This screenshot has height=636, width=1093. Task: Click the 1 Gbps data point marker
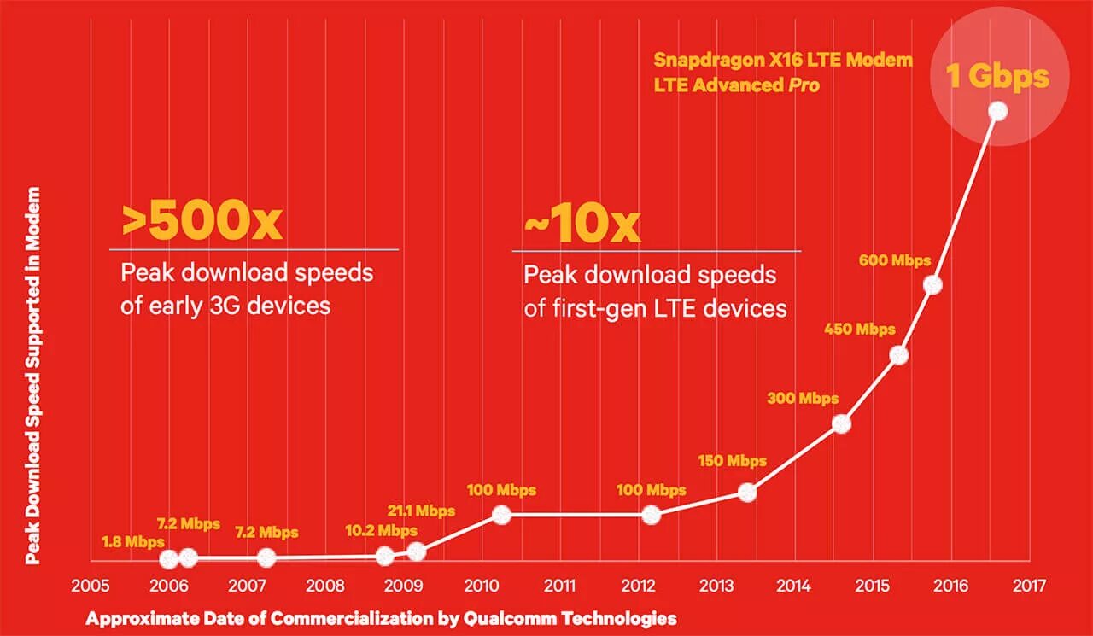click(997, 111)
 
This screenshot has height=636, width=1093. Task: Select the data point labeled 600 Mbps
click(932, 284)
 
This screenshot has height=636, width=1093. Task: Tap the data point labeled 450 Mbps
click(898, 355)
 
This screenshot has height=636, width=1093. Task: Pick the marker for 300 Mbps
click(841, 423)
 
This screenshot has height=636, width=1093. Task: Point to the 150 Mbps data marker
click(747, 492)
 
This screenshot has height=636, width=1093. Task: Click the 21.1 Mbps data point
click(416, 551)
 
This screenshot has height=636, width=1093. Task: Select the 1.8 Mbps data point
click(169, 559)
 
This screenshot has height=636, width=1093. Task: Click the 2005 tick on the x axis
click(90, 586)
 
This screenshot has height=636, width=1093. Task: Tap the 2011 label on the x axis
click(559, 586)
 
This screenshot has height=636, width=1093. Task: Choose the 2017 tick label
click(1029, 586)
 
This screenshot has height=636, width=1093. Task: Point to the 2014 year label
click(794, 586)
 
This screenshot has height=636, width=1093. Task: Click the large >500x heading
click(202, 222)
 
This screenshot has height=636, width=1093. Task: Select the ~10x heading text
click(582, 225)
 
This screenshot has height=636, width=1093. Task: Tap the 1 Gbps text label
click(997, 77)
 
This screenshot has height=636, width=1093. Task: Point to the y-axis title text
click(33, 376)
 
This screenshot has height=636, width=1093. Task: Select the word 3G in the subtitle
click(236, 306)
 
